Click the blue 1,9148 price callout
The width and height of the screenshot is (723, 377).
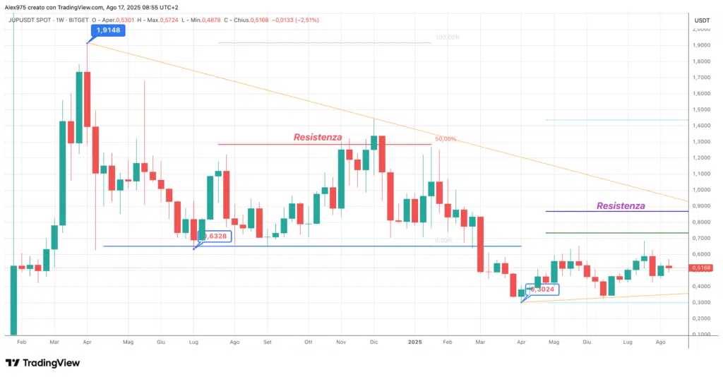(108, 30)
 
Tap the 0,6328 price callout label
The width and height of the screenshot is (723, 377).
(215, 237)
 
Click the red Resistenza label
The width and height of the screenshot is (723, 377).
(318, 137)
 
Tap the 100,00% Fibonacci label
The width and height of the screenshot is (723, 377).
(448, 37)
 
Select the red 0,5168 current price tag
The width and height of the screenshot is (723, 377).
(702, 268)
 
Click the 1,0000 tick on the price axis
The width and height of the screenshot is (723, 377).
(702, 190)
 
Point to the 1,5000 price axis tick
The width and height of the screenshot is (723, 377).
(702, 109)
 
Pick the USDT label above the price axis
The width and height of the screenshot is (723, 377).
(702, 20)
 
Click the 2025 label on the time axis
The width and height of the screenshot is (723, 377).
(415, 341)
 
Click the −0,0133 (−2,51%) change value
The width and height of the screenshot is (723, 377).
(294, 20)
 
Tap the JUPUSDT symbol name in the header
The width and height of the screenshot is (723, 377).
(25, 20)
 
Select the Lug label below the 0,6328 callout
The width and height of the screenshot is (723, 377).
(193, 341)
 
